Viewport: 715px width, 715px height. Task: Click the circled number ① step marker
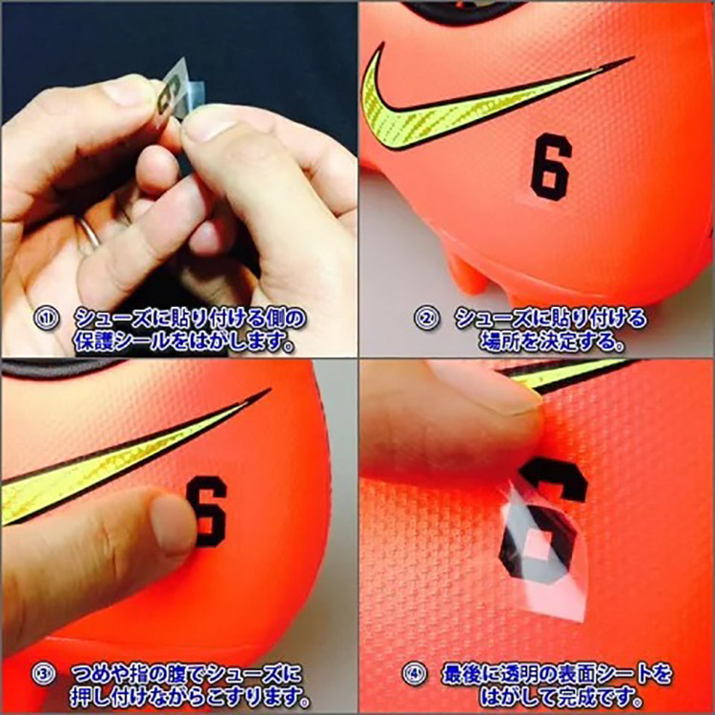(46, 318)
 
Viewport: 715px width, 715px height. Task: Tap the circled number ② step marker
(426, 318)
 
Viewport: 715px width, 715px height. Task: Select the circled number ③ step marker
(43, 674)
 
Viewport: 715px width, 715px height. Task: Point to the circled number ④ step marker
(415, 674)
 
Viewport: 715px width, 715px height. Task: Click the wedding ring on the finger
(90, 233)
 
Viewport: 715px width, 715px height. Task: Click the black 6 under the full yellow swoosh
(551, 168)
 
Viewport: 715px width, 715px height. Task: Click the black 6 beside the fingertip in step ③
(208, 511)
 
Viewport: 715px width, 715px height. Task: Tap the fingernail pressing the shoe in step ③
(173, 524)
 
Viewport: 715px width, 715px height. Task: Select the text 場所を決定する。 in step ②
(551, 342)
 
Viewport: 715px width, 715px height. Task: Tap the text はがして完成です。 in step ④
(560, 697)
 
